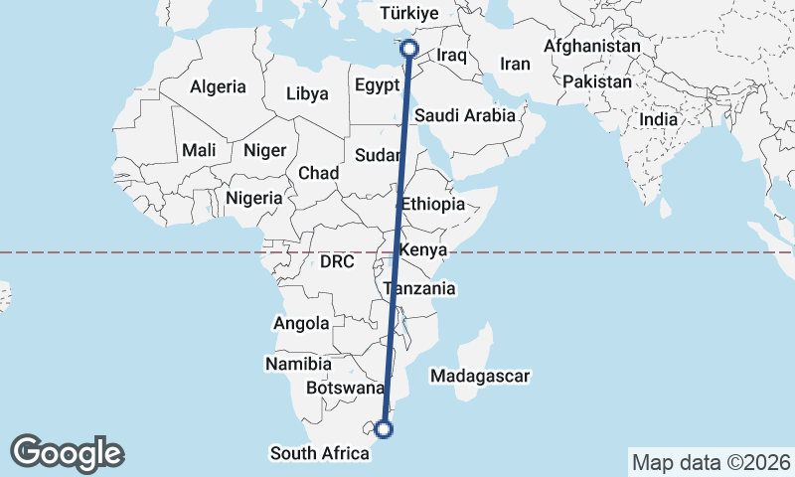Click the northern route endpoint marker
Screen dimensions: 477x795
pyautogui.click(x=407, y=48)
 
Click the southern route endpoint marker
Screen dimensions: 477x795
pyautogui.click(x=384, y=429)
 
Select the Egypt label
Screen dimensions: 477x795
pyautogui.click(x=377, y=85)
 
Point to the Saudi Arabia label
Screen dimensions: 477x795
pyautogui.click(x=465, y=115)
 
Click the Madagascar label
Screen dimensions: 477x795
pyautogui.click(x=480, y=376)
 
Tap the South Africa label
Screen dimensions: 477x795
pyautogui.click(x=319, y=453)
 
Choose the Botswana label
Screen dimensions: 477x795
pyautogui.click(x=345, y=388)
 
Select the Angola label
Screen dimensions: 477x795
pyautogui.click(x=301, y=323)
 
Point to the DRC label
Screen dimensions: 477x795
pyautogui.click(x=337, y=262)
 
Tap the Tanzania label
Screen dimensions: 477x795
pyautogui.click(x=419, y=289)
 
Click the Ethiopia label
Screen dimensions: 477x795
pyautogui.click(x=432, y=204)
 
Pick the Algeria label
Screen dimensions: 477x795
pyautogui.click(x=218, y=86)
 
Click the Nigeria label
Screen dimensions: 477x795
pyautogui.click(x=254, y=198)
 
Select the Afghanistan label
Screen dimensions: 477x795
pyautogui.click(x=592, y=47)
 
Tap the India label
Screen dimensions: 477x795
pyautogui.click(x=659, y=119)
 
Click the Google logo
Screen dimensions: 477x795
pyautogui.click(x=68, y=452)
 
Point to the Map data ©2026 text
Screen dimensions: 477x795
pyautogui.click(x=712, y=462)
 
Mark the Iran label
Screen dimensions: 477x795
pyautogui.click(x=516, y=64)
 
